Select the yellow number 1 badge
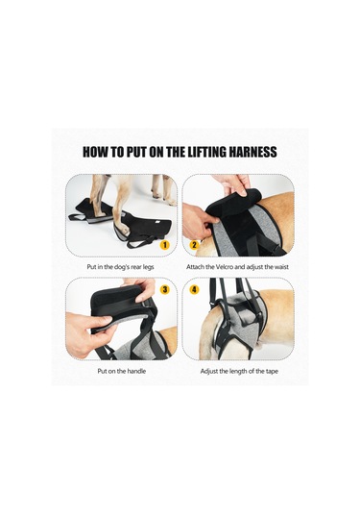(165, 245)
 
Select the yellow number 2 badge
(194, 245)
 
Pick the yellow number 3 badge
(165, 289)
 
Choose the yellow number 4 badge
(194, 289)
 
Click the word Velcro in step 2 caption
(225, 267)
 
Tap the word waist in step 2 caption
(281, 267)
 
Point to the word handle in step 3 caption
(136, 371)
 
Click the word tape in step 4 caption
(272, 372)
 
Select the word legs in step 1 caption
(148, 267)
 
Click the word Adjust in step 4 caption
(209, 372)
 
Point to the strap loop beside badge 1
(141, 242)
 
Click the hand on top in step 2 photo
(233, 184)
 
